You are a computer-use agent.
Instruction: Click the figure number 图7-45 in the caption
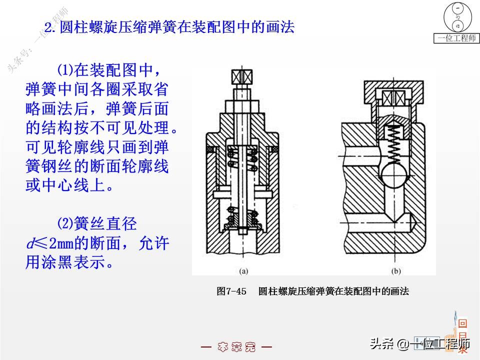[x=231, y=291]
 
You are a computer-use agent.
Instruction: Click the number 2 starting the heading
[x=48, y=26]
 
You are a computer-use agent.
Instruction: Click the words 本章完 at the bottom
[x=236, y=347]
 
